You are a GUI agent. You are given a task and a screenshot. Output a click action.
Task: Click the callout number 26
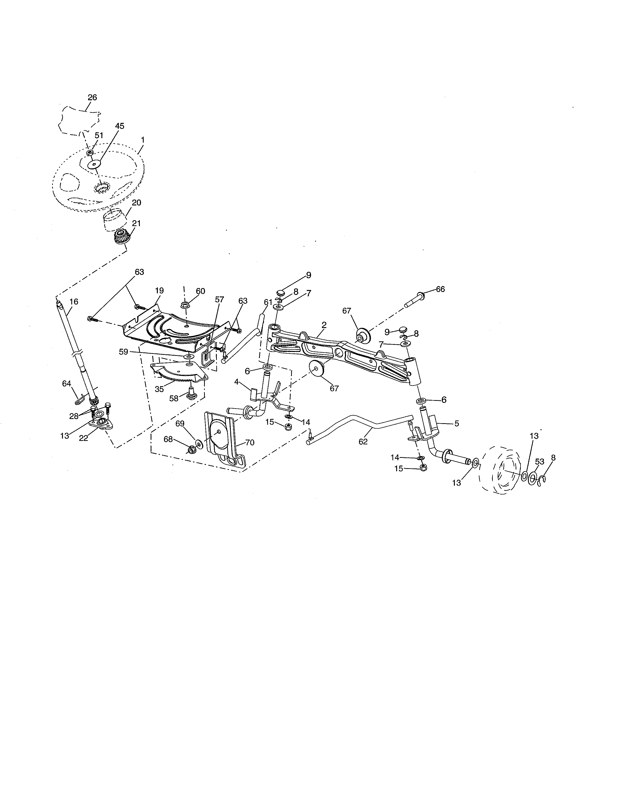pyautogui.click(x=92, y=97)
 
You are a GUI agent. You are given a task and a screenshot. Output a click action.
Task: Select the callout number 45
pyautogui.click(x=119, y=126)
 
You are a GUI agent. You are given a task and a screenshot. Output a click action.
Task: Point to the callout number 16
pyautogui.click(x=74, y=302)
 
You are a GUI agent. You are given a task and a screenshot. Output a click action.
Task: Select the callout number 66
pyautogui.click(x=440, y=289)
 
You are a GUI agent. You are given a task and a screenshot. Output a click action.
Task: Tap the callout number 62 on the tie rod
pyautogui.click(x=363, y=442)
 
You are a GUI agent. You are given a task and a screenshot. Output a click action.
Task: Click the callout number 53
pyautogui.click(x=539, y=462)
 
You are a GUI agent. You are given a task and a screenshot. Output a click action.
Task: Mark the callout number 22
pyautogui.click(x=84, y=438)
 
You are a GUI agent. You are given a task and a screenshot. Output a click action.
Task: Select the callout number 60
pyautogui.click(x=200, y=291)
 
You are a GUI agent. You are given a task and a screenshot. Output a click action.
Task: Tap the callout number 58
pyautogui.click(x=174, y=398)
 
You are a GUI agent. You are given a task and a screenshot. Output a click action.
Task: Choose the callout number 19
pyautogui.click(x=159, y=290)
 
